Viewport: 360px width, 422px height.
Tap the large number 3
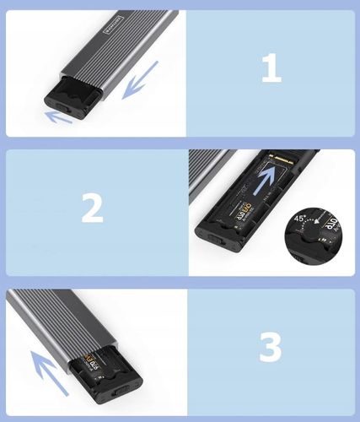tap(271, 346)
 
